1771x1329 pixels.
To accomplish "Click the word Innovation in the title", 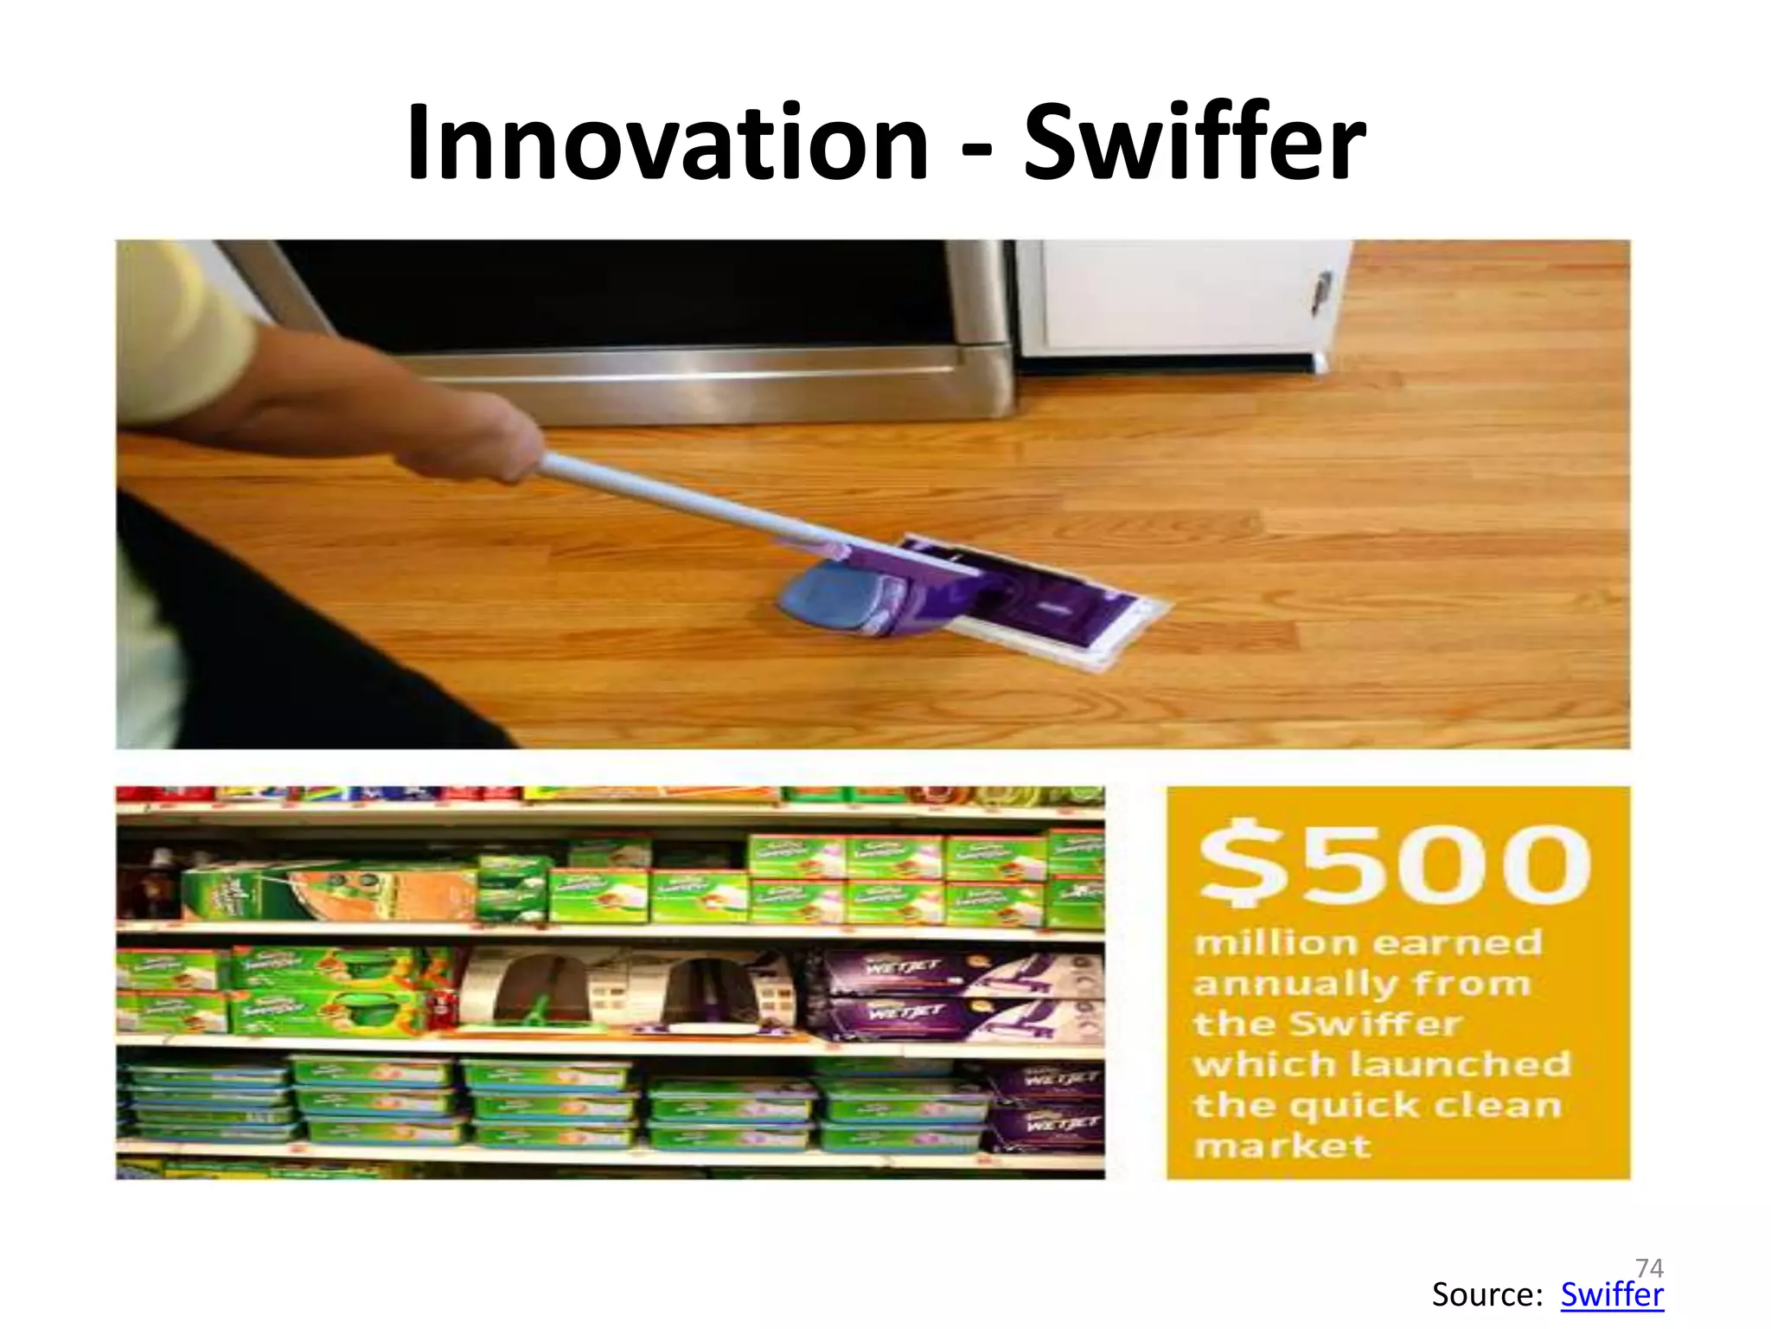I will pyautogui.click(x=666, y=143).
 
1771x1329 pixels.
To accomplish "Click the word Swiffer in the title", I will pyautogui.click(x=1193, y=143).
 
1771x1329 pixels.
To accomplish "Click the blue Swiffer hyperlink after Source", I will pyautogui.click(x=1611, y=1295).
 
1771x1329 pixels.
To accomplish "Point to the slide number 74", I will pyautogui.click(x=1649, y=1268).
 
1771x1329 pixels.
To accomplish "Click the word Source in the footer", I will pyautogui.click(x=1486, y=1295).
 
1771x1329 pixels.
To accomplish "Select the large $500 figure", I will pyautogui.click(x=1394, y=863).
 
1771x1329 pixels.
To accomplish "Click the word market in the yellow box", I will pyautogui.click(x=1282, y=1146).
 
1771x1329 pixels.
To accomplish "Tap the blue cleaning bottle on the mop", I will pyautogui.click(x=834, y=597).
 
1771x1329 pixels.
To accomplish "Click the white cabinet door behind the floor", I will pyautogui.click(x=1176, y=294).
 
